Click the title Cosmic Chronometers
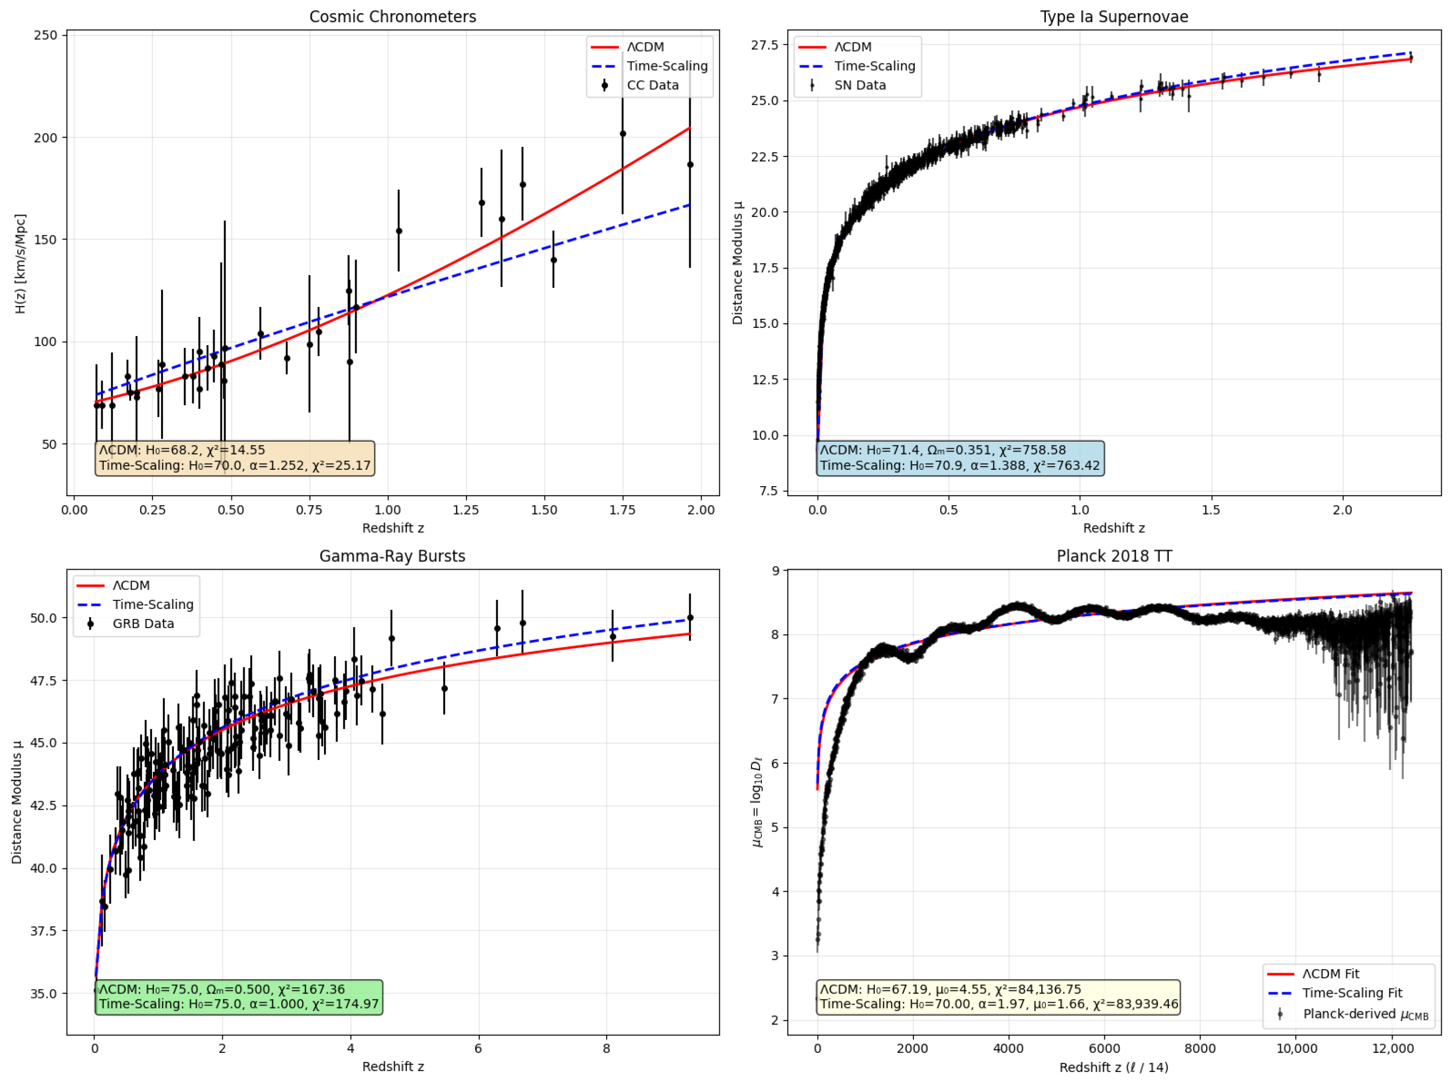(x=392, y=16)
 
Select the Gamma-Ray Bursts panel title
(x=392, y=556)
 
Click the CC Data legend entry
(x=652, y=85)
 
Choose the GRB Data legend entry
(x=143, y=623)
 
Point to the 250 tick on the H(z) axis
(x=46, y=35)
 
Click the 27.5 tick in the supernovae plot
(x=765, y=44)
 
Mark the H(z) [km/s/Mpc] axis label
(x=20, y=263)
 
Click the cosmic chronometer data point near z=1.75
(x=623, y=134)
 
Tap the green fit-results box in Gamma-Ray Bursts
(x=239, y=996)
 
